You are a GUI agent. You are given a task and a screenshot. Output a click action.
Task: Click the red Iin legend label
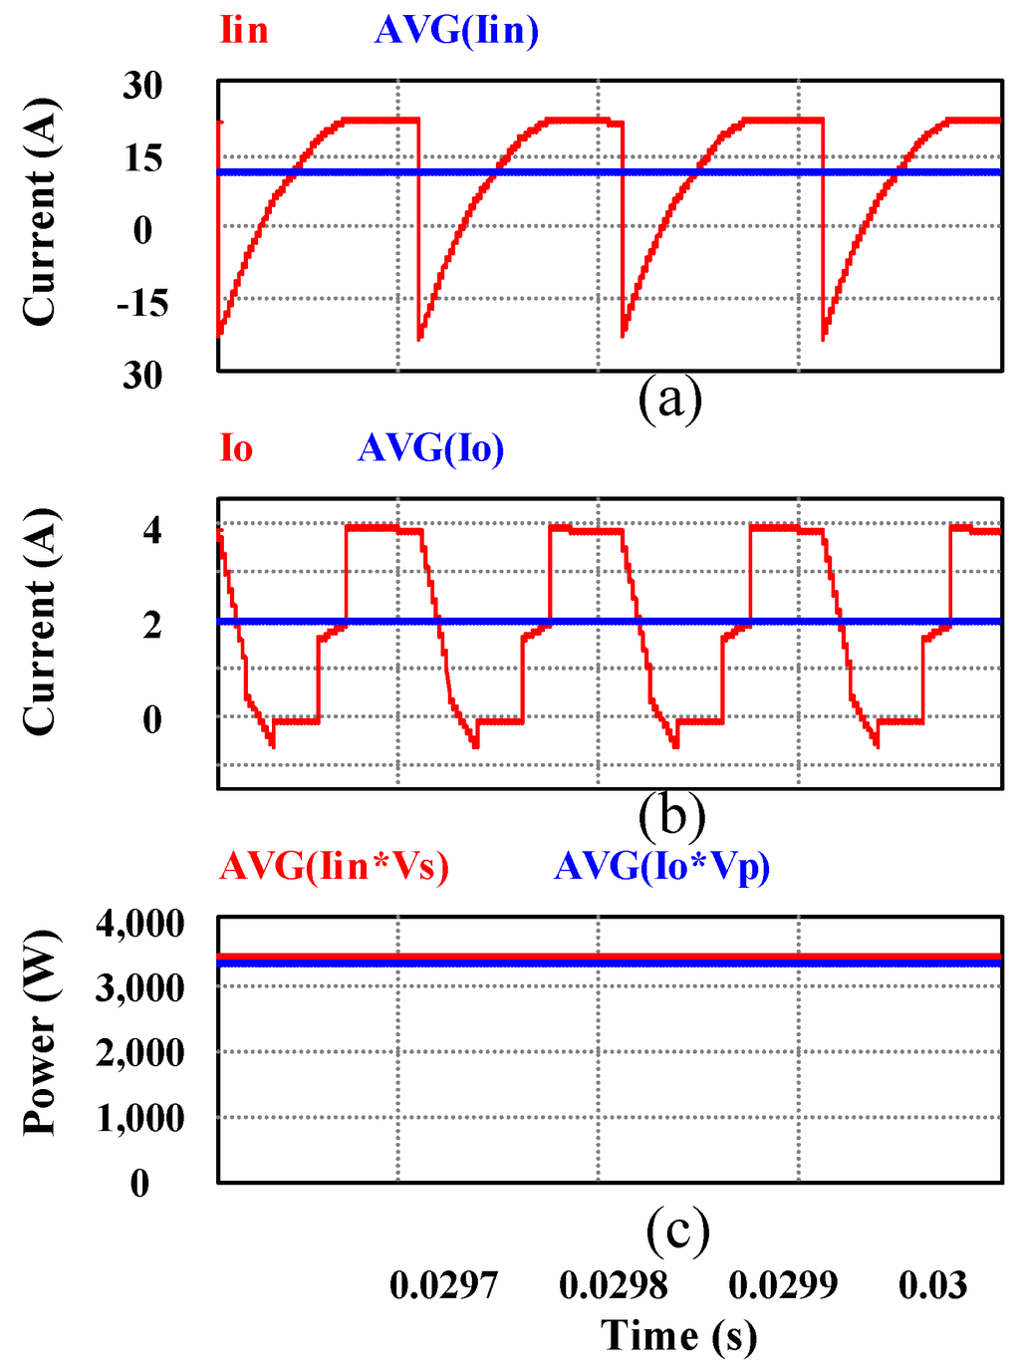coord(244,30)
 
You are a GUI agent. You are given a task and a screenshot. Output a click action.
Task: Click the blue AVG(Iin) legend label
coord(457,30)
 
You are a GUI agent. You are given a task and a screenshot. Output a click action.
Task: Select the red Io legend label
coord(236,449)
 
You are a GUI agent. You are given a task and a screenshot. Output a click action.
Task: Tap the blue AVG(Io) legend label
coord(431,449)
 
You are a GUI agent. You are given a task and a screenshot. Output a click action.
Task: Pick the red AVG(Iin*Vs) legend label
coord(335,866)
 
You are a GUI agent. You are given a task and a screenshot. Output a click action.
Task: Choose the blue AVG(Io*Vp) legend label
coord(662,866)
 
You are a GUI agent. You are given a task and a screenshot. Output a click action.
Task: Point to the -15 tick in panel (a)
coord(142,303)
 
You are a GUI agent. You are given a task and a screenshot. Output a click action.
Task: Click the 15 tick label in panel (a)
coord(142,157)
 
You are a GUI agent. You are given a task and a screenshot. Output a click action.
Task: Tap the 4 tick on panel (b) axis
coord(151,530)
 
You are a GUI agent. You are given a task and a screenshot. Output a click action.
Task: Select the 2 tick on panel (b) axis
coord(151,625)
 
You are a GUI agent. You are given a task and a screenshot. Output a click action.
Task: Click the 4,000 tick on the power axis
coord(140,924)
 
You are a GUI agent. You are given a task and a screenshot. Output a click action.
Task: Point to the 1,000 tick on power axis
coord(140,1119)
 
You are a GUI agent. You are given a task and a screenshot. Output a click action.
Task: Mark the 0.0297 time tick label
coord(443,1285)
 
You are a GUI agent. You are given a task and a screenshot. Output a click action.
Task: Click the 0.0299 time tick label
coord(783,1285)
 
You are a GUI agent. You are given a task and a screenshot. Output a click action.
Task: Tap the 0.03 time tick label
coord(932,1285)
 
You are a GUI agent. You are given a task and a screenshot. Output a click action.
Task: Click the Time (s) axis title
coord(678,1336)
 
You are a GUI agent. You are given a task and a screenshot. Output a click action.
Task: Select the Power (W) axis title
coord(40,1033)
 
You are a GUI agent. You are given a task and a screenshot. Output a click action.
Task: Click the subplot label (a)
coord(670,399)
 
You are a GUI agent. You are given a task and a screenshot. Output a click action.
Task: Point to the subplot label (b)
coord(672,815)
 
